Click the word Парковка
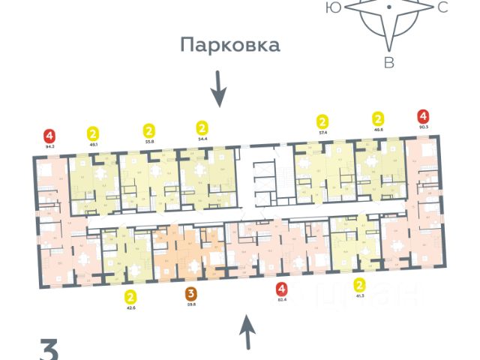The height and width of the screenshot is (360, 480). [229, 45]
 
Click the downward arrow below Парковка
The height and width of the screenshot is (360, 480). [217, 88]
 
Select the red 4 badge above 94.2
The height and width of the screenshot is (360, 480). [50, 136]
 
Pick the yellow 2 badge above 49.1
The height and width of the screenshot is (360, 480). [94, 132]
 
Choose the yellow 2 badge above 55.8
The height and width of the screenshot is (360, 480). [148, 128]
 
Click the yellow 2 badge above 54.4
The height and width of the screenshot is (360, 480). [201, 127]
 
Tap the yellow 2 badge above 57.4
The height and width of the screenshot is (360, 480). [322, 121]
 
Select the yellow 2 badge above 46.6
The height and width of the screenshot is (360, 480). [378, 118]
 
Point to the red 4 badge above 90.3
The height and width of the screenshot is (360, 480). [424, 116]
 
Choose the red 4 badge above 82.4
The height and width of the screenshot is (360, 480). [281, 288]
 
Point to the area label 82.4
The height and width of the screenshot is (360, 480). [281, 299]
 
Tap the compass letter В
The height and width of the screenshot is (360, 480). [388, 62]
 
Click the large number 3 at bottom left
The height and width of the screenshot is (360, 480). [49, 350]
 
